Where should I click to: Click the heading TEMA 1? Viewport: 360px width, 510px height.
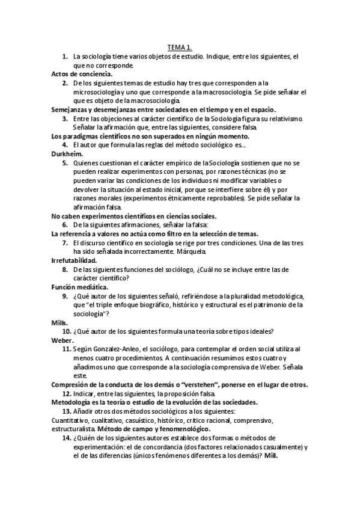[x=180, y=47]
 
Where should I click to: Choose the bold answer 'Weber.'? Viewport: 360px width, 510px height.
[x=63, y=340]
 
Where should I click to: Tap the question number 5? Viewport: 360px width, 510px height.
[x=65, y=162]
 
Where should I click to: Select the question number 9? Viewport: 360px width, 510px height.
[x=65, y=296]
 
